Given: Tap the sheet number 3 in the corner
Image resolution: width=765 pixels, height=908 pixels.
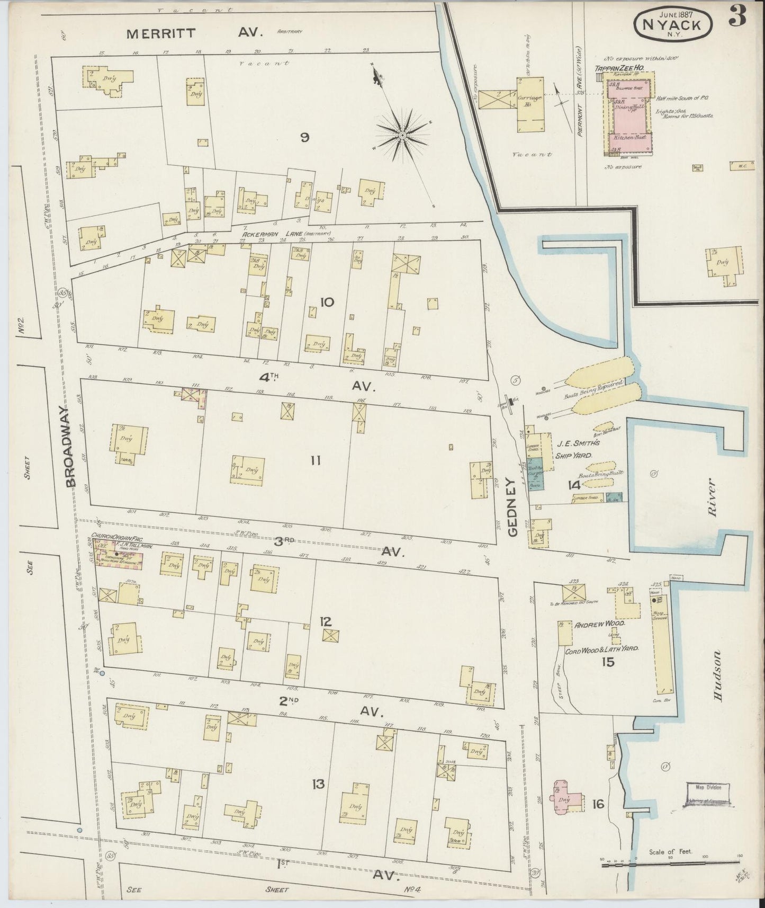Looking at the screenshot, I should pos(737,17).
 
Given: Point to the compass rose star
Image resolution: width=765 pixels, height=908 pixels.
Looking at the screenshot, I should pos(402,136).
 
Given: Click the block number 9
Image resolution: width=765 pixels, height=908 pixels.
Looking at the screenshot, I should pos(304,138).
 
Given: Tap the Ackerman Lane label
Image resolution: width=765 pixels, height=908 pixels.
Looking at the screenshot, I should pos(286,234).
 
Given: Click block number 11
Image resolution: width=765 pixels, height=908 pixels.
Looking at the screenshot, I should pos(316,461).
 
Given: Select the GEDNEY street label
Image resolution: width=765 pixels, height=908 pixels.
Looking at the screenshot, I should pos(511,507).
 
